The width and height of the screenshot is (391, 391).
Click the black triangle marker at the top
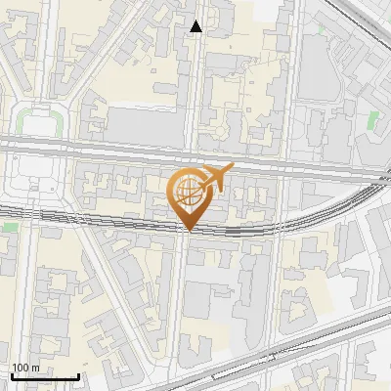196,27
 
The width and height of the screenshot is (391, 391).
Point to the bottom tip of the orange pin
189,231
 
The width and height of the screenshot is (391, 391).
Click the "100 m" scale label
25,368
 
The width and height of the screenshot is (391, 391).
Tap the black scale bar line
45,376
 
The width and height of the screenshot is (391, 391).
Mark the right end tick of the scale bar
78,374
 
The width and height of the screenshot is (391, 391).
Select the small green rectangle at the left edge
9,227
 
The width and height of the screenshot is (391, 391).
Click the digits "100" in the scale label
20,368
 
